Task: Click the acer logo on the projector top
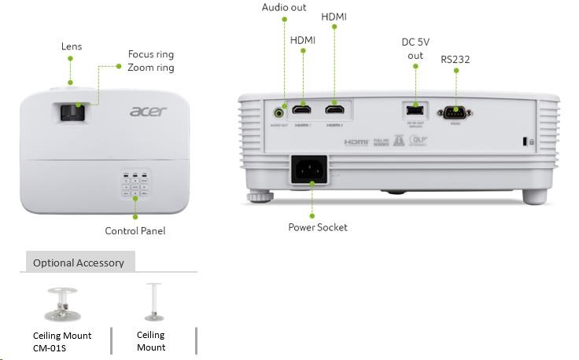pos(149,111)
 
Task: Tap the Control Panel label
pos(135,231)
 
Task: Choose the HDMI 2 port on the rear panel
pos(335,112)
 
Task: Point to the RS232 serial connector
pos(457,112)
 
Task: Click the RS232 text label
pos(456,58)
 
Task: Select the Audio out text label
pos(284,7)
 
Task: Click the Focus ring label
pos(150,54)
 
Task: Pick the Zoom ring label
pos(150,68)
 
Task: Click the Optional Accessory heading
pos(78,263)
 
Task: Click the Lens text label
pos(72,46)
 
